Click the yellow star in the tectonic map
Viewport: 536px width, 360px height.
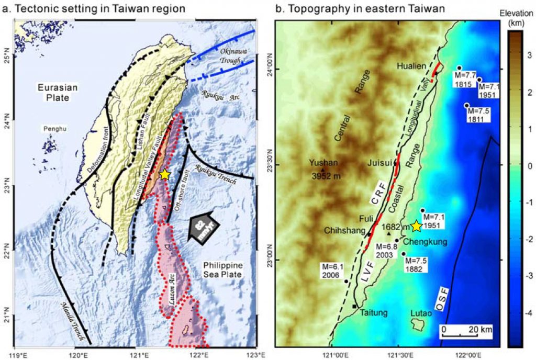coord(165,175)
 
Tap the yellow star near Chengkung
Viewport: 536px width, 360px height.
coord(416,226)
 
